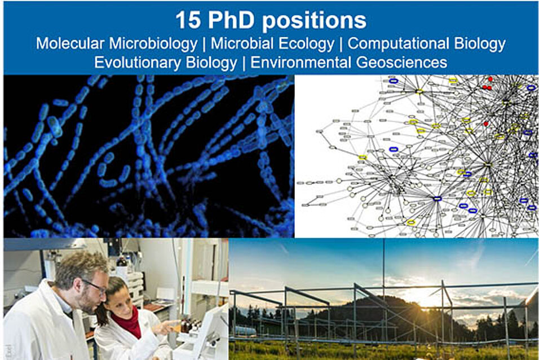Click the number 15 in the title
coord(188,20)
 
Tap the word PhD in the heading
coord(231,20)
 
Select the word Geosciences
coord(401,62)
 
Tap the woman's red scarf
coord(128,321)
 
